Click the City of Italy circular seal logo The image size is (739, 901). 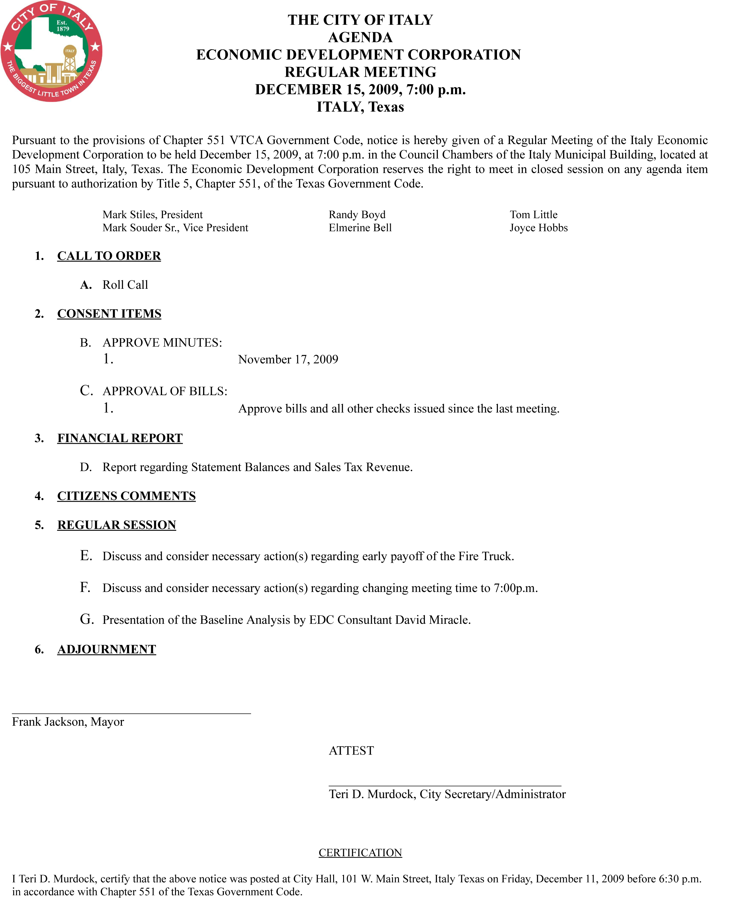click(x=51, y=51)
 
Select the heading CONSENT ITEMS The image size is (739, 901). click(x=109, y=314)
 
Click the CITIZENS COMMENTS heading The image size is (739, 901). click(x=126, y=496)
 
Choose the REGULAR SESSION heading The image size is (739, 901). click(x=117, y=525)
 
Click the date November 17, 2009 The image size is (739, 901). click(x=288, y=359)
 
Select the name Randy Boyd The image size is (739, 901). click(x=357, y=215)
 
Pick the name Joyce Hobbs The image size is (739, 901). click(x=539, y=228)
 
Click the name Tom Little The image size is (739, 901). click(x=534, y=215)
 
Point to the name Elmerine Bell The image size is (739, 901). click(x=360, y=228)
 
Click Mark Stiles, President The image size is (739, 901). click(x=152, y=215)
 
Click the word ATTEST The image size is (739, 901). click(x=351, y=751)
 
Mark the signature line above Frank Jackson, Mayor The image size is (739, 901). click(x=131, y=713)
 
